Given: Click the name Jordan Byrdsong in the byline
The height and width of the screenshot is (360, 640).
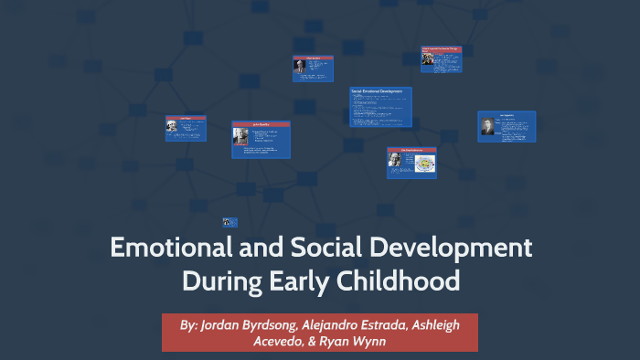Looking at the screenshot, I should (x=251, y=324).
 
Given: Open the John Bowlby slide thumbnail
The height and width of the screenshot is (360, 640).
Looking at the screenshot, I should (x=261, y=140).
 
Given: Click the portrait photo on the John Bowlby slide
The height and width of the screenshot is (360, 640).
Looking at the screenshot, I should (x=240, y=136).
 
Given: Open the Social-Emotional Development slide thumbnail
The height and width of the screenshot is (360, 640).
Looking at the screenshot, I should (x=380, y=107).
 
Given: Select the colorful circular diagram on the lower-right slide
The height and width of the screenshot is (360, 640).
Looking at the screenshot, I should (x=424, y=163).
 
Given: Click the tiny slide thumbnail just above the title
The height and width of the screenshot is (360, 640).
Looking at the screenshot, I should (x=230, y=221).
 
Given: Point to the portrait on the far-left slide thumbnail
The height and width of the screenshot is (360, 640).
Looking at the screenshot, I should (x=172, y=127).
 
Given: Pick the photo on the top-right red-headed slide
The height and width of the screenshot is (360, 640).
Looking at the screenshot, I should (x=427, y=58).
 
